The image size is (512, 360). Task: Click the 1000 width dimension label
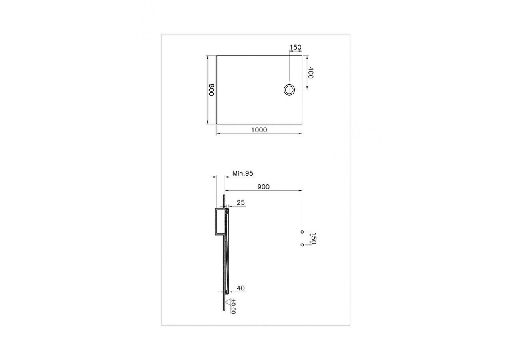pos(259,129)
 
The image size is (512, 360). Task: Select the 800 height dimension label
pos(212,90)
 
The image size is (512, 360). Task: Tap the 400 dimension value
pos(311,72)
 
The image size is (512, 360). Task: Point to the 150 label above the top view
pos(295,47)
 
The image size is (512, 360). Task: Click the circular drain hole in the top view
pos(289,90)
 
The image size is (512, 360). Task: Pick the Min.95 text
pos(243,173)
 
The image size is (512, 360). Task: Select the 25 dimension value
pos(240,203)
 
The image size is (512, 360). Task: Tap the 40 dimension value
pos(241,288)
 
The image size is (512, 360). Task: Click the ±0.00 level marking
pos(233,306)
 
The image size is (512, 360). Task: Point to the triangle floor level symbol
pos(229,301)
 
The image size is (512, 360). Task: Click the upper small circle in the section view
pos(302,232)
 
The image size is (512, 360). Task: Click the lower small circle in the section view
pos(302,244)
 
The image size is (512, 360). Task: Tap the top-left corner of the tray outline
pos(217,56)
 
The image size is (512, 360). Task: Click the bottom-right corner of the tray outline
pos(302,124)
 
